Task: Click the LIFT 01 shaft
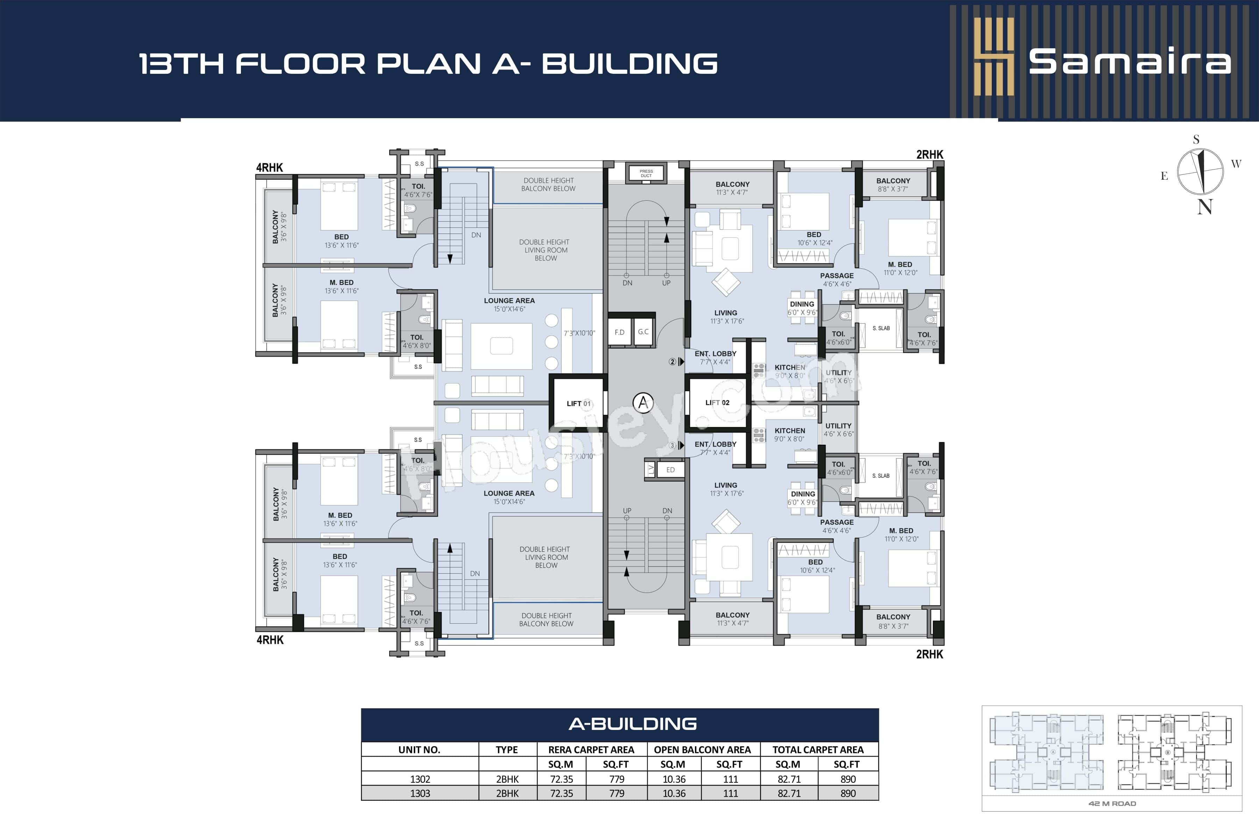(578, 403)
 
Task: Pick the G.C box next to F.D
(643, 332)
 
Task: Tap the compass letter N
(1204, 207)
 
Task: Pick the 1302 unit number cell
(420, 779)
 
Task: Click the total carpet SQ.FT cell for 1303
(847, 793)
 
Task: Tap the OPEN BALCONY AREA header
(702, 750)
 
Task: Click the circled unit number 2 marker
(672, 362)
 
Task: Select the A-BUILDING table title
(632, 724)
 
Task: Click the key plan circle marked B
(1167, 752)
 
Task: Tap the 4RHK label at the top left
(269, 167)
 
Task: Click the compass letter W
(1236, 164)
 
